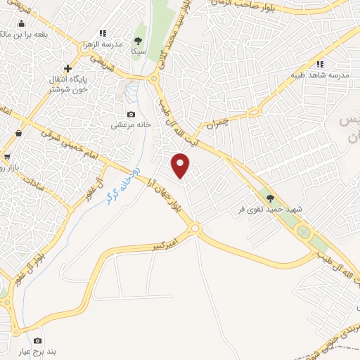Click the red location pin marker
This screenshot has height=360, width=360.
pos(181,165)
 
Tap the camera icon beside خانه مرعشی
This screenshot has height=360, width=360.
pos(131,115)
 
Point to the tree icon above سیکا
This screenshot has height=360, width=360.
pos(138,41)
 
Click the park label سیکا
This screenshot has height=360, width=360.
pos(138,51)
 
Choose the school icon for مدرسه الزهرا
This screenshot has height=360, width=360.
pos(103,33)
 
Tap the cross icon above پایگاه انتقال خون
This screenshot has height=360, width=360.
pos(67,68)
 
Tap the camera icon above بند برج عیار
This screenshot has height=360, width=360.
pos(38,340)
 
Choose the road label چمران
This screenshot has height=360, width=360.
pos(221,125)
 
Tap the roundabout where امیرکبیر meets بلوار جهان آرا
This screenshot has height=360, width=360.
pos(195,228)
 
